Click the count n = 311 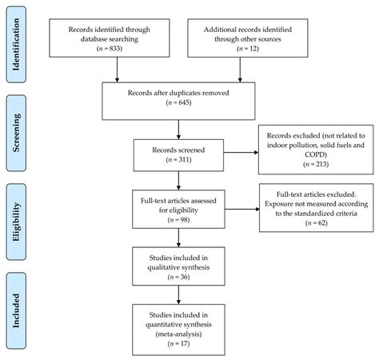point(178,160)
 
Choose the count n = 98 point(178,218)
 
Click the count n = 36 point(178,276)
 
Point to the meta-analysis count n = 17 point(178,342)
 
